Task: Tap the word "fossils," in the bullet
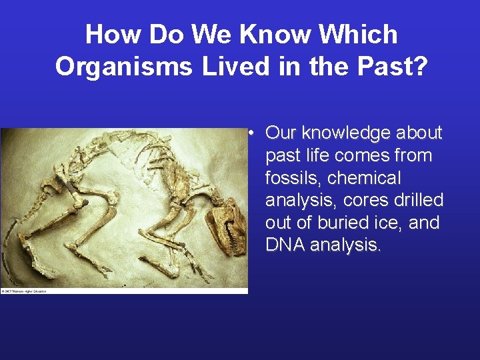coord(293,178)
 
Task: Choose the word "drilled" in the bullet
coord(419,201)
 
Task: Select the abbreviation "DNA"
coord(285,245)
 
